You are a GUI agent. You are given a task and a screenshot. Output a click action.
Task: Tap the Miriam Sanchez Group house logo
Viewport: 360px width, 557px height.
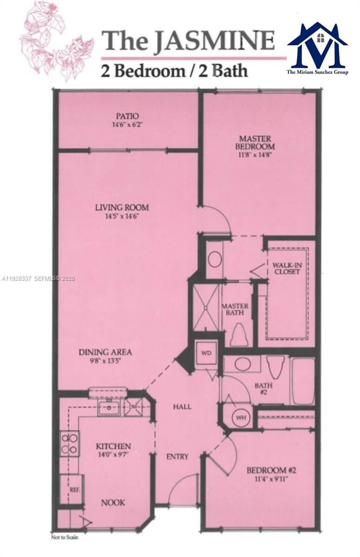coord(317,45)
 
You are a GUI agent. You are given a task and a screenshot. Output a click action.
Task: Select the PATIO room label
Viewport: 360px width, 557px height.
coord(127,116)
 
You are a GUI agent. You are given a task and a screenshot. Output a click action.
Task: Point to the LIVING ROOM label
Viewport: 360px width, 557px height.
coord(122,207)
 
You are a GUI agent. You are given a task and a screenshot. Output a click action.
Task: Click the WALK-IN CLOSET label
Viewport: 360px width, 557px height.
coord(286,268)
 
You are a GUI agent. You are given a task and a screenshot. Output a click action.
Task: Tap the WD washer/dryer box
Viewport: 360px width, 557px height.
coord(206,352)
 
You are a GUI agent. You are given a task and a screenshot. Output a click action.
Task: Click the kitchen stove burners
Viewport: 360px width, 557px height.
coord(69,443)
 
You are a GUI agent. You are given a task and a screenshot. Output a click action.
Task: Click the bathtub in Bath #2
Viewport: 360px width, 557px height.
coord(303,381)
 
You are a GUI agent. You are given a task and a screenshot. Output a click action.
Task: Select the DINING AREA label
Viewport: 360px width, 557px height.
coord(105,352)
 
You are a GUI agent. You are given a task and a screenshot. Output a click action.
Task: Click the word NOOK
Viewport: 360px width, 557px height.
coord(113,502)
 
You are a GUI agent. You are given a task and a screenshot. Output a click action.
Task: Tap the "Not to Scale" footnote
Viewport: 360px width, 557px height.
coord(65,537)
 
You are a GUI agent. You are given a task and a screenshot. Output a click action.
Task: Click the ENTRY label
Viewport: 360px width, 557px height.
coord(177,457)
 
